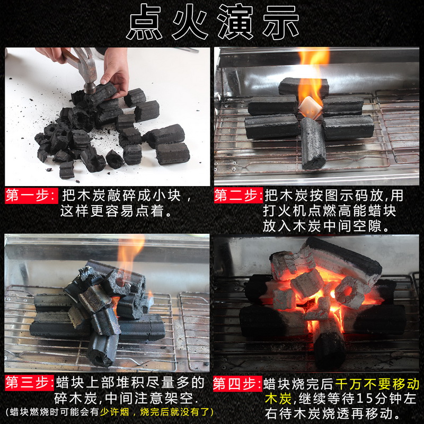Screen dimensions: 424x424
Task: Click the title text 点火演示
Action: click(x=213, y=22)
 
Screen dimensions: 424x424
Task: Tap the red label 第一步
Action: click(x=31, y=196)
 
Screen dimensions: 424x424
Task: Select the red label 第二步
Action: click(x=238, y=196)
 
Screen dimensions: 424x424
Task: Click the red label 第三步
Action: click(x=29, y=383)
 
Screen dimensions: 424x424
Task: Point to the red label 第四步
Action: click(x=237, y=384)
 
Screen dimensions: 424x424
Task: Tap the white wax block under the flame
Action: click(x=310, y=107)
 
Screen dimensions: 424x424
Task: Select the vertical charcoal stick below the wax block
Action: click(x=313, y=143)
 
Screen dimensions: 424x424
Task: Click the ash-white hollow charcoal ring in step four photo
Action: click(x=349, y=293)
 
